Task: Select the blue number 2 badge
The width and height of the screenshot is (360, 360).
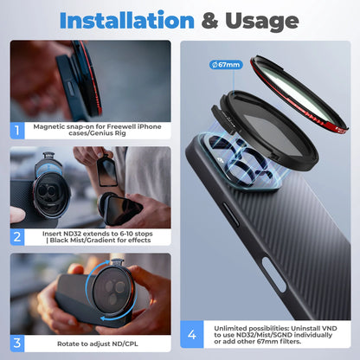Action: pos(18,235)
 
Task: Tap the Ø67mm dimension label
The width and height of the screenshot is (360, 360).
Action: pos(228,62)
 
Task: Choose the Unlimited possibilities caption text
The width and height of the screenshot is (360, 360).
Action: pos(277,331)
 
